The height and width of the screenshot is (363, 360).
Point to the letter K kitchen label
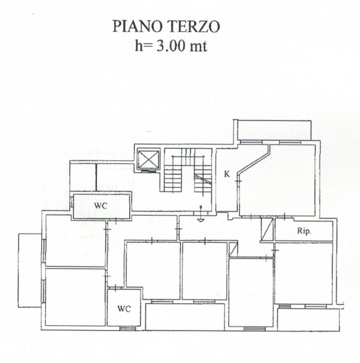tap(227, 174)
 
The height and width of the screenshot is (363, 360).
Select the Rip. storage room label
tap(304, 231)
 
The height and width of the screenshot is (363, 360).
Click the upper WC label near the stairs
tap(101, 206)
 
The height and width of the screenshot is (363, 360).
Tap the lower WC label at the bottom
tap(124, 309)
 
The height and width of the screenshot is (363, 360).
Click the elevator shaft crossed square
tap(148, 159)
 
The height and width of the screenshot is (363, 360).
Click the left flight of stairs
tap(173, 174)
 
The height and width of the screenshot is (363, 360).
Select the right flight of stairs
tap(202, 175)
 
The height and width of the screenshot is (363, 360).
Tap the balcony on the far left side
tap(30, 270)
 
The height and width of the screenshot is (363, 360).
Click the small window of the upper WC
tap(72, 202)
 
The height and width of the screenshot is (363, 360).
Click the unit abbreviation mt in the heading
tap(198, 46)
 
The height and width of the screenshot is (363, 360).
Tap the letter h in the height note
tap(139, 45)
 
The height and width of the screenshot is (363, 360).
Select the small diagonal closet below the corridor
tap(233, 249)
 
